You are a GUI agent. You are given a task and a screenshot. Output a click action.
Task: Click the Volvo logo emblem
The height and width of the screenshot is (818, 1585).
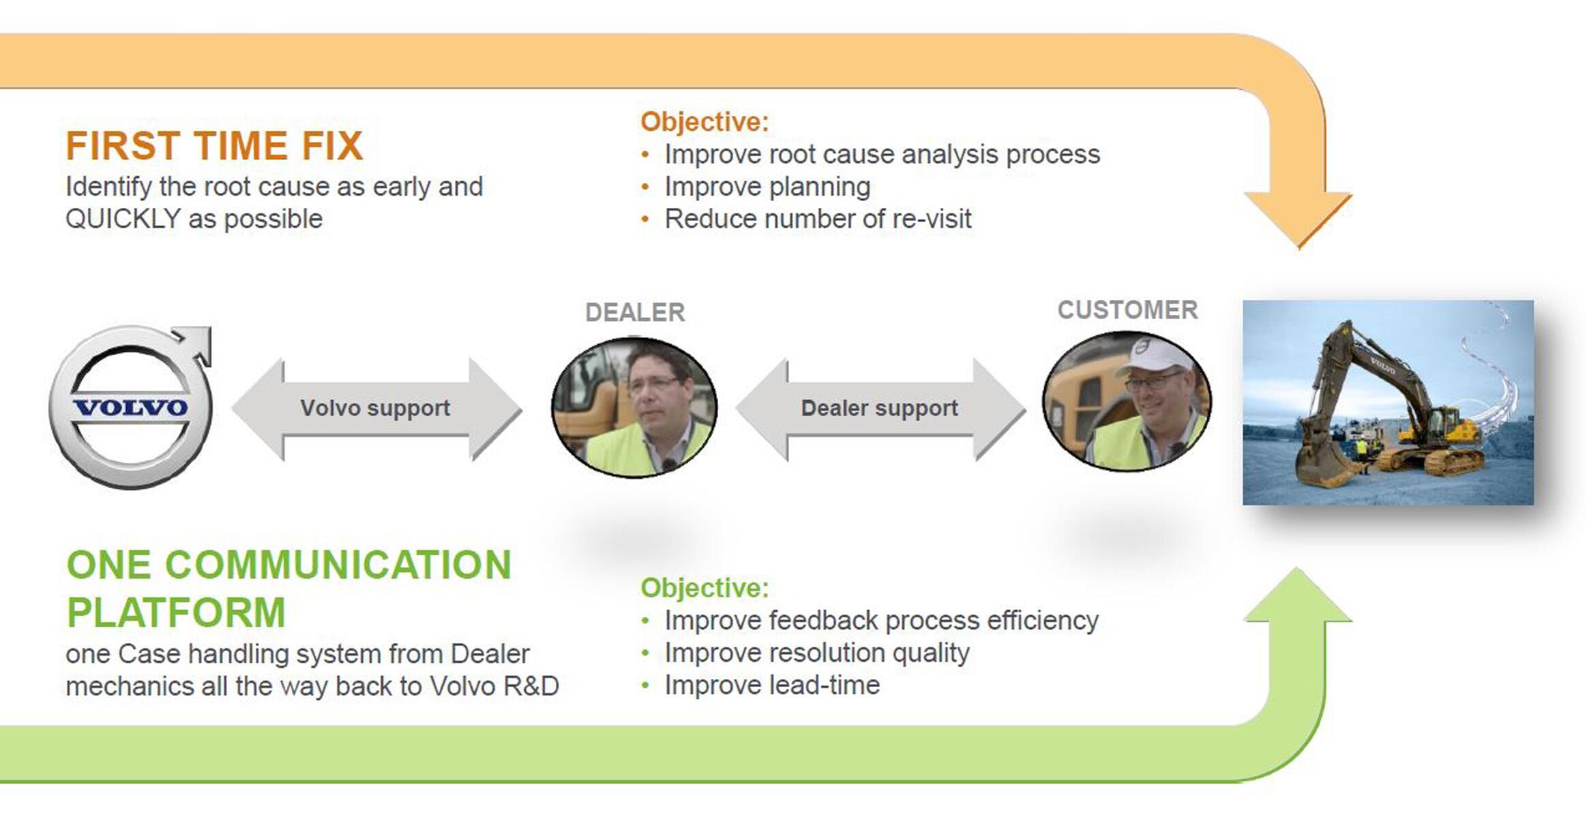click(x=131, y=407)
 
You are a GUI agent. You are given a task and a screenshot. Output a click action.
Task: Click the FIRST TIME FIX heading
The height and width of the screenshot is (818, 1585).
click(x=214, y=145)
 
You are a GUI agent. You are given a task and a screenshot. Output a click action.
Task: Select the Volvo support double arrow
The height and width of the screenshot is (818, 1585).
click(x=376, y=409)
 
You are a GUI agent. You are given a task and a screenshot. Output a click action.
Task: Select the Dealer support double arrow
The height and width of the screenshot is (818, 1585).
click(x=880, y=409)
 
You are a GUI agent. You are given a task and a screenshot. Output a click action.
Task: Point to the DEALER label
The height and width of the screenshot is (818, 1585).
click(x=635, y=312)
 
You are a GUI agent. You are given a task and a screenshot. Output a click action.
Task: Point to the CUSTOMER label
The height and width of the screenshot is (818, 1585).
click(x=1127, y=309)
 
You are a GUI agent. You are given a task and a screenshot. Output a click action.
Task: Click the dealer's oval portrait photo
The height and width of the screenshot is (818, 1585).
click(x=634, y=408)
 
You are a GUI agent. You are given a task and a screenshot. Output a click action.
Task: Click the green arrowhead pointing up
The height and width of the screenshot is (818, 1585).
click(x=1298, y=594)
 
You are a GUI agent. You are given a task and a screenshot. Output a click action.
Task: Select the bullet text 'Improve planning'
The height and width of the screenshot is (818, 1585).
click(x=767, y=187)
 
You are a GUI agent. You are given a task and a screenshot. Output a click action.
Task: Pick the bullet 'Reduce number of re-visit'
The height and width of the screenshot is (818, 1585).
click(x=818, y=219)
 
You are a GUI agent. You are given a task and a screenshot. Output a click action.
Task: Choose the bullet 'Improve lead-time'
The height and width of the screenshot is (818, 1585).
click(x=772, y=685)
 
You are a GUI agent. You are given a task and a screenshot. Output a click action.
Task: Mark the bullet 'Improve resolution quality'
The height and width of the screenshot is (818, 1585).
click(x=817, y=653)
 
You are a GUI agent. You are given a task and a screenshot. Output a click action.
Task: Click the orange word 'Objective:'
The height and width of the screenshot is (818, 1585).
click(x=705, y=122)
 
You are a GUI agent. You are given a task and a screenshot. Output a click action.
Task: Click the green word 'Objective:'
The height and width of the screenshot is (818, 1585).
click(x=705, y=588)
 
